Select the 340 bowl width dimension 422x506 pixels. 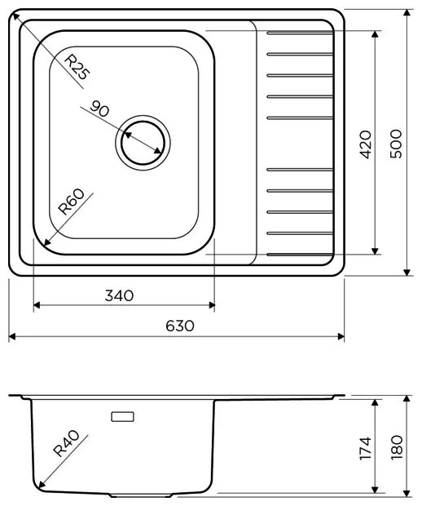[119, 295]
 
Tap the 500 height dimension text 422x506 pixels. [397, 144]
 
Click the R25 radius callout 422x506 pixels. [77, 66]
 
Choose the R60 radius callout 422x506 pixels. [72, 202]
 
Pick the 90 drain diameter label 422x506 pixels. [101, 109]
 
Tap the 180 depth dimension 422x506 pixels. [397, 446]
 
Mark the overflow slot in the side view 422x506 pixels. [123, 417]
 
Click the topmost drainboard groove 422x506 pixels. [298, 33]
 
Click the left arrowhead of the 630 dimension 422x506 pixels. [12, 335]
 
